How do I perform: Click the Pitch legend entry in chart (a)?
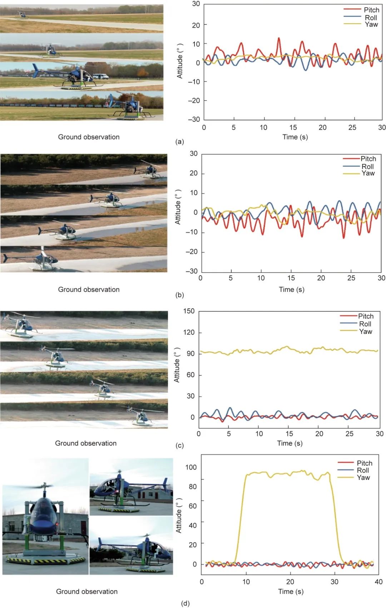371,10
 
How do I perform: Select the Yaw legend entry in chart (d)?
363,478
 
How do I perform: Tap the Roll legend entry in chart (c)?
365,324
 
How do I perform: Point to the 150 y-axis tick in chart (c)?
189,311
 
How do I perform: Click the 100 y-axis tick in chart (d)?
191,467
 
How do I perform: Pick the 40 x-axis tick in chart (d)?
378,582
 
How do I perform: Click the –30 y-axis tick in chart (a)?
194,119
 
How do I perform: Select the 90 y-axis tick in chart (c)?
190,354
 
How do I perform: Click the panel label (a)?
179,142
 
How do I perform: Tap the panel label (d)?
185,604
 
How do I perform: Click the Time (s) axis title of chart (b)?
292,289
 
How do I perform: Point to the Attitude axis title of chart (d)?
179,515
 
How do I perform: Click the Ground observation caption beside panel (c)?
86,443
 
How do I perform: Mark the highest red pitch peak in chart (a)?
279,38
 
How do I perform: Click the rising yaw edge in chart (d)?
240,518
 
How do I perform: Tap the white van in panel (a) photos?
100,76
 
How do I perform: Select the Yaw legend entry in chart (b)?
368,173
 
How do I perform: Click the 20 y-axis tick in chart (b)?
193,173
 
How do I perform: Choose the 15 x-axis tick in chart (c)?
289,434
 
